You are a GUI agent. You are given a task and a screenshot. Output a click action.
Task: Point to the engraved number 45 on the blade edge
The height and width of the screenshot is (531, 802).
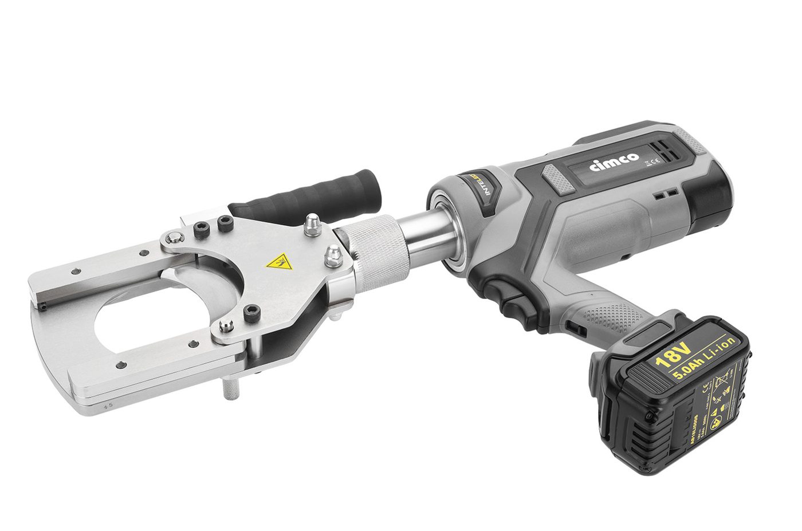[x=107, y=406]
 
